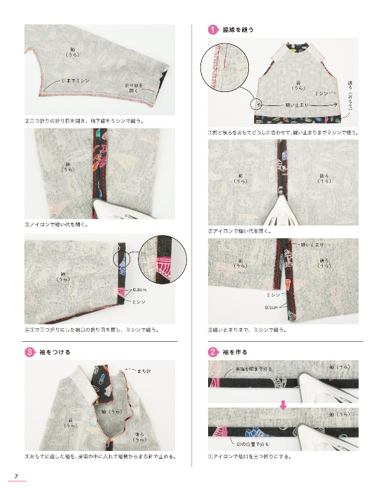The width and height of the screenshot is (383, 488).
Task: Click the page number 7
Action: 16,475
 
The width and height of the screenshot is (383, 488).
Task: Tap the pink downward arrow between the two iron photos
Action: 283,404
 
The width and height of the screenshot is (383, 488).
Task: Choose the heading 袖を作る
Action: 234,352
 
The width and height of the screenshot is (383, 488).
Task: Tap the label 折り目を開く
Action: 128,88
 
